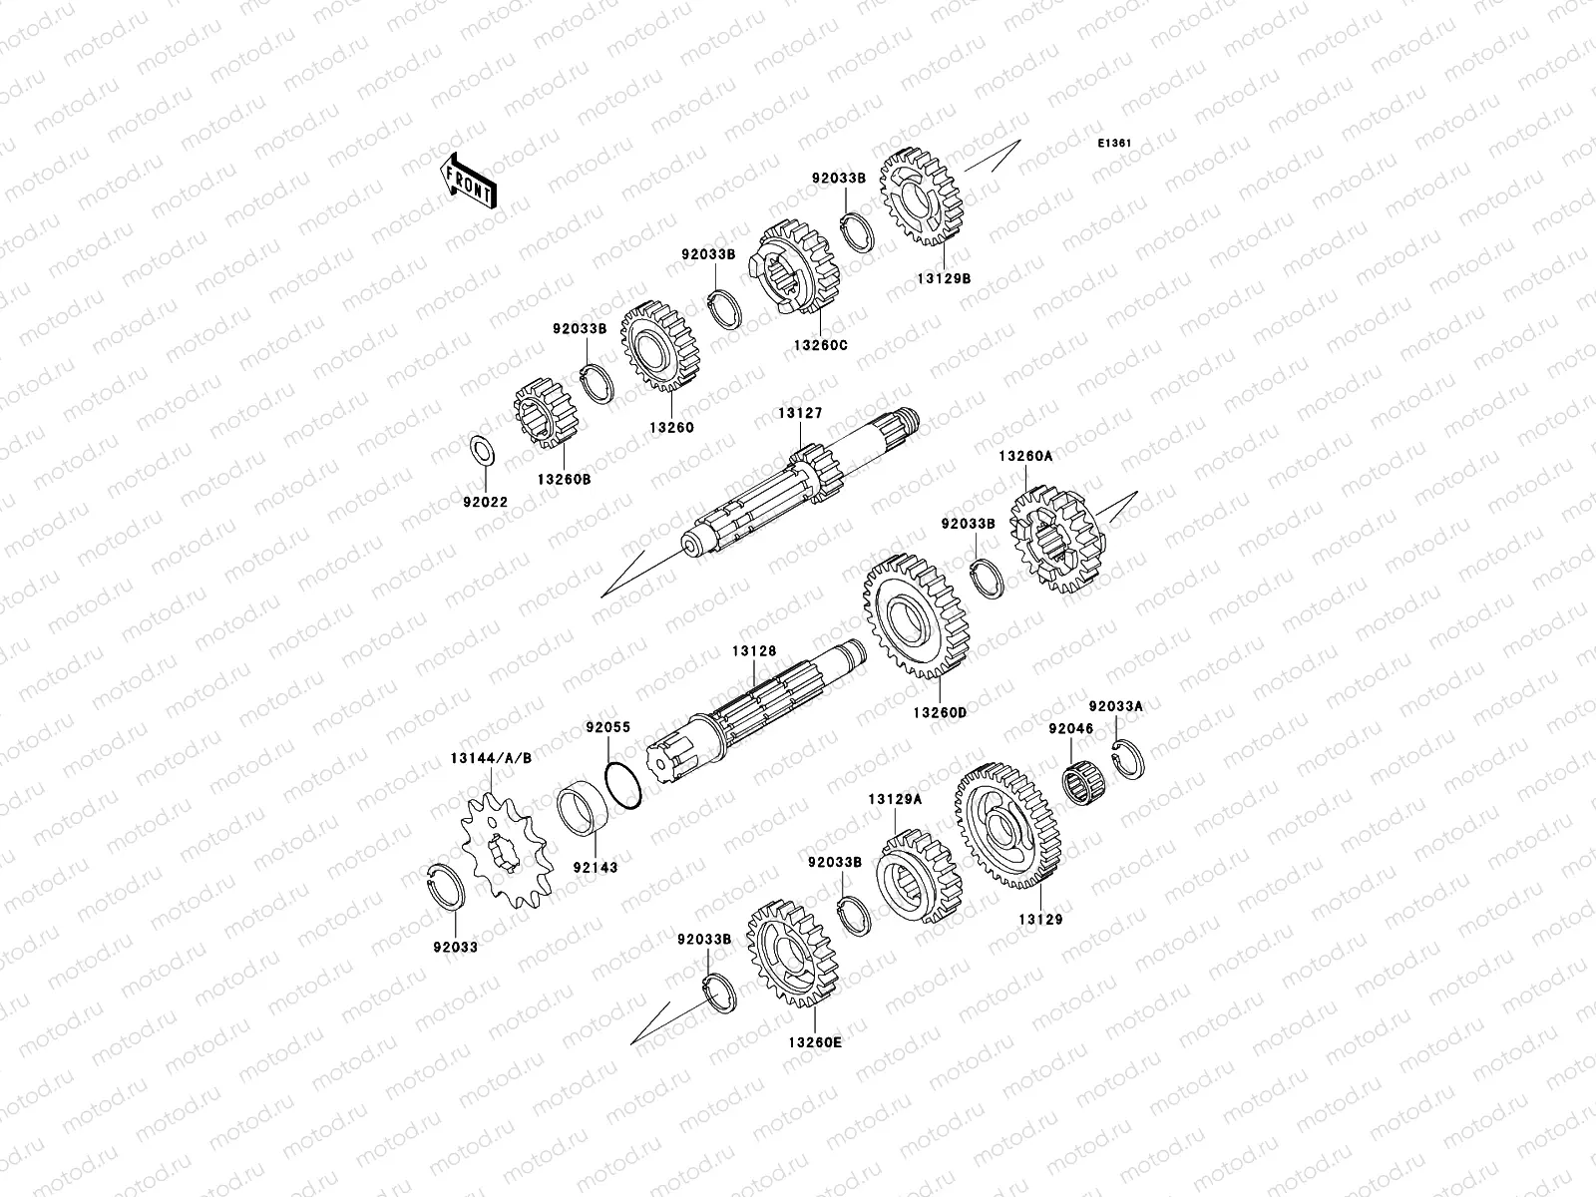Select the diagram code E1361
tap(1114, 144)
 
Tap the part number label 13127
tap(800, 413)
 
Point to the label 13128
tap(754, 651)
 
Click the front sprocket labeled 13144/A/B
tap(507, 851)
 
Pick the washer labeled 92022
tap(483, 451)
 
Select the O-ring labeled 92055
tap(623, 785)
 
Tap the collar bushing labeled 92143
tap(582, 809)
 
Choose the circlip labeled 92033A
tap(1128, 759)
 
